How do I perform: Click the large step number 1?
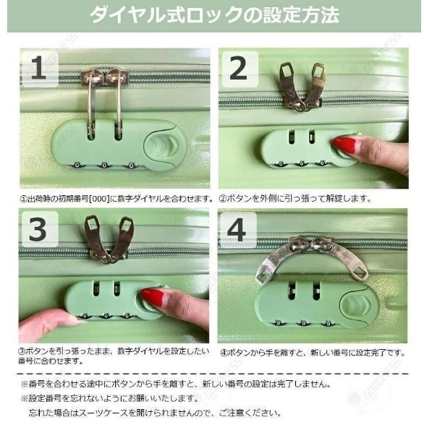[38, 67]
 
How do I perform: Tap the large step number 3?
[38, 229]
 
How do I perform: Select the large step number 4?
[237, 230]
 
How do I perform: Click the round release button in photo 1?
[165, 145]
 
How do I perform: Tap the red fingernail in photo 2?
[345, 145]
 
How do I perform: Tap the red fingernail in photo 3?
[153, 297]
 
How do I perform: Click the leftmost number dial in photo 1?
[77, 165]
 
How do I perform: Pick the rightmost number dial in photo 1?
[132, 165]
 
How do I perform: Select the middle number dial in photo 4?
[304, 323]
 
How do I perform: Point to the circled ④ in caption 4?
[224, 353]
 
